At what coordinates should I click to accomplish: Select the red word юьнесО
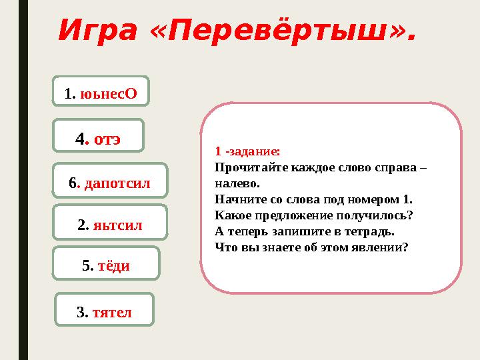[x=109, y=93]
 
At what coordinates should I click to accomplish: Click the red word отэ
[x=107, y=139]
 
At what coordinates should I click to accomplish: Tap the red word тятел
[x=112, y=311]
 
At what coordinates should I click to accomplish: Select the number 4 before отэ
[x=81, y=139]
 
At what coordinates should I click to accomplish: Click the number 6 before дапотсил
[x=73, y=183]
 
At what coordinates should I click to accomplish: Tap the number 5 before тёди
[x=86, y=266]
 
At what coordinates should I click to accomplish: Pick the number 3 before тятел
[x=81, y=311]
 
